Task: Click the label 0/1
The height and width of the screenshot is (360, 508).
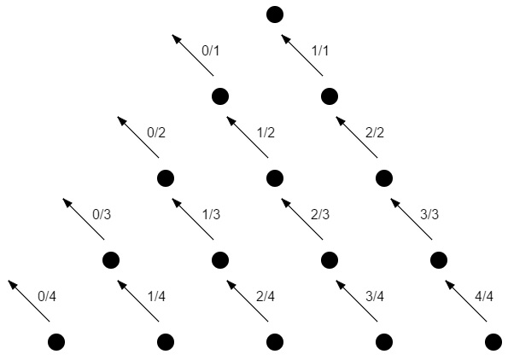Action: click(x=211, y=51)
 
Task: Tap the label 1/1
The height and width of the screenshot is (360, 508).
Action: click(x=320, y=51)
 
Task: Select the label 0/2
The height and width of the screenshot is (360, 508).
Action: click(x=156, y=133)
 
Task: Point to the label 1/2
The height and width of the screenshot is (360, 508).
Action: click(x=266, y=133)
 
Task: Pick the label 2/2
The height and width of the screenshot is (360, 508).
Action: click(x=375, y=133)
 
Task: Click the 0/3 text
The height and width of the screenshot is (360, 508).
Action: click(x=102, y=215)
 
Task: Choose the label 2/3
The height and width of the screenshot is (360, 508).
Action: click(x=320, y=215)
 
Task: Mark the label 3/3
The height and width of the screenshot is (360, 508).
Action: click(x=429, y=215)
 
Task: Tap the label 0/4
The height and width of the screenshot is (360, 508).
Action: click(x=47, y=297)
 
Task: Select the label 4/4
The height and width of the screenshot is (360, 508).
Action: click(x=484, y=297)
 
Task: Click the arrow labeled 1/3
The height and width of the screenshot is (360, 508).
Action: click(x=192, y=219)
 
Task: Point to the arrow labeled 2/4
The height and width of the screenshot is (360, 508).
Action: click(x=248, y=301)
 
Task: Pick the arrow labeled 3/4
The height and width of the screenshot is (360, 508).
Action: click(x=357, y=301)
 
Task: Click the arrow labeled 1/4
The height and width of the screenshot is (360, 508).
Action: click(x=138, y=301)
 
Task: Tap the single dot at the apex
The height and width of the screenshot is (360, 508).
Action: click(x=275, y=15)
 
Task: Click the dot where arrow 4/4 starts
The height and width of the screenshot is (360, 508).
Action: click(x=493, y=342)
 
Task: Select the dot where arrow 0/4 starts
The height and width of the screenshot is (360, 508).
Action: click(x=56, y=342)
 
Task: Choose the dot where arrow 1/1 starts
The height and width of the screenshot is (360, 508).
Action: click(x=330, y=96)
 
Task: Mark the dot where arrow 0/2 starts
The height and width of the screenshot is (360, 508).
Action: click(x=166, y=178)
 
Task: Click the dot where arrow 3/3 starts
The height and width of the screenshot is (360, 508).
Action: click(x=439, y=260)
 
